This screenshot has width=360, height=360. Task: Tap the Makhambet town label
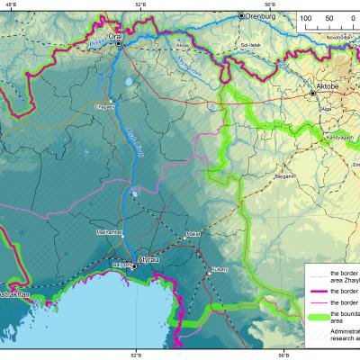point(110,232)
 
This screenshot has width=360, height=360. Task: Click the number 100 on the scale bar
point(306,17)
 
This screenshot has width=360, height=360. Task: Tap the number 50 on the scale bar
point(328,17)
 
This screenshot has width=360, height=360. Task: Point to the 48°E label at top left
point(11,4)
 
